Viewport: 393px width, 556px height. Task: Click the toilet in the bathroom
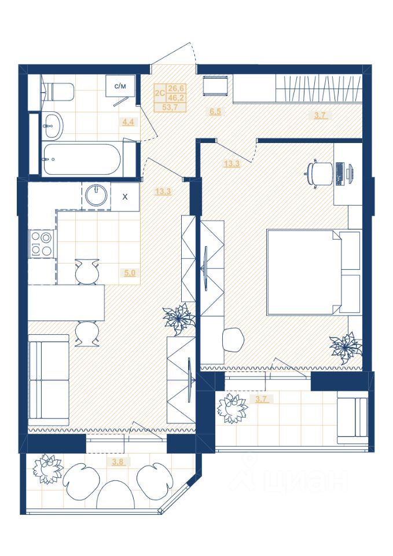coord(59,92)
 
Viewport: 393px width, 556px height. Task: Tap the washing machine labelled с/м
coord(120,86)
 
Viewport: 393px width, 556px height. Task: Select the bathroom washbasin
coord(53,125)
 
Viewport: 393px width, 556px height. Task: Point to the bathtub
coord(82,159)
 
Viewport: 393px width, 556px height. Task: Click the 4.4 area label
coord(128,122)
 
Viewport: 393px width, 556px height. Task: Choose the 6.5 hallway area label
coord(215,112)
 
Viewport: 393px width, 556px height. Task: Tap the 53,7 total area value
coord(170,107)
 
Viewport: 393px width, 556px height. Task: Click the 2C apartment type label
coord(160,93)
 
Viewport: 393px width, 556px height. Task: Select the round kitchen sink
coord(96,195)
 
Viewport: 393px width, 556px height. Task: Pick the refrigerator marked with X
coord(125,197)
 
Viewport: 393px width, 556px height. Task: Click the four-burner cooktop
coord(41,244)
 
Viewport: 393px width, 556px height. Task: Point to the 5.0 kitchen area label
coord(130,273)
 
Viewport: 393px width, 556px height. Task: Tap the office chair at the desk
coord(318,173)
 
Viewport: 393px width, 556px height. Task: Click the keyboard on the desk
coord(339,174)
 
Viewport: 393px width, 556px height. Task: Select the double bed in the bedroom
coord(314,272)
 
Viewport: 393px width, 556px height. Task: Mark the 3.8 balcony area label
coord(118,462)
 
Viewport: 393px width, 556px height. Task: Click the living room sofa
coord(49,380)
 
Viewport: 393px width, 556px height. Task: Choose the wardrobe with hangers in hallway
coord(318,89)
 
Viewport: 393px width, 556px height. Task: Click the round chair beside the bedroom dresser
coord(233,339)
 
